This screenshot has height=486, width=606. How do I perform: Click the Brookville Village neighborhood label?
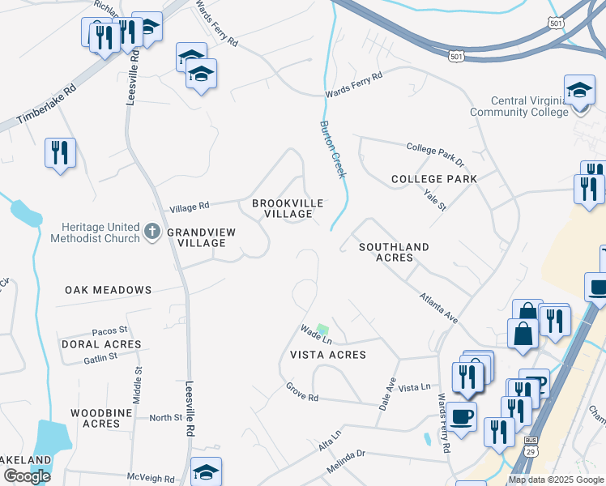pos(288,208)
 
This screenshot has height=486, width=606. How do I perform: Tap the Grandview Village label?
pos(201,237)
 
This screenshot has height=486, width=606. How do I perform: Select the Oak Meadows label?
pos(109,289)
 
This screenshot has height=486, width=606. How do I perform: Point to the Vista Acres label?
pos(328,355)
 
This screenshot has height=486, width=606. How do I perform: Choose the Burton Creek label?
pos(333,150)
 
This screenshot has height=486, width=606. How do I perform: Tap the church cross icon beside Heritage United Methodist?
pos(152,232)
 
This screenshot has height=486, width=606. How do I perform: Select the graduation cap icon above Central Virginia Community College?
pos(578,90)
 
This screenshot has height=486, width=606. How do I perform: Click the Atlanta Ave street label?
pos(438,309)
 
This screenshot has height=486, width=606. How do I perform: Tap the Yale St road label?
pos(435,199)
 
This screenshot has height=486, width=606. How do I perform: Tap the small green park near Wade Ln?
pos(322,330)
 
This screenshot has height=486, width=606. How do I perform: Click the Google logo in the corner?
pos(27,476)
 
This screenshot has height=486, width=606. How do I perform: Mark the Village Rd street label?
pos(189,206)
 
